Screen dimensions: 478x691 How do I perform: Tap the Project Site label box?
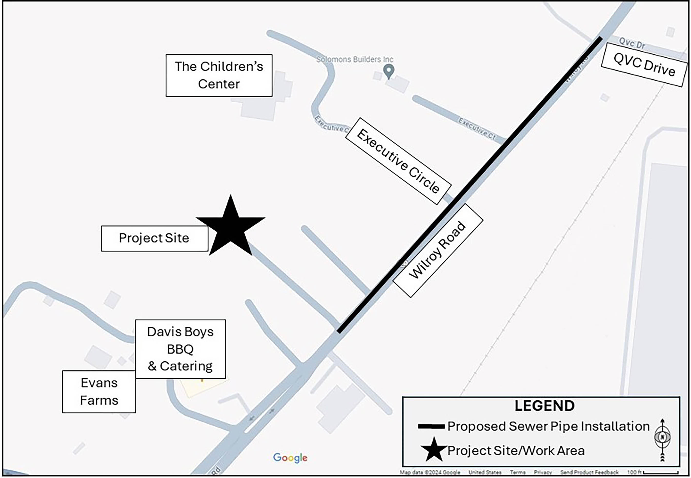pyautogui.click(x=154, y=238)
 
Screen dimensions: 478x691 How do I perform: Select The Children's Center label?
pyautogui.click(x=219, y=75)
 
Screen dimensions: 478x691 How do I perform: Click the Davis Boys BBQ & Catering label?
pyautogui.click(x=180, y=349)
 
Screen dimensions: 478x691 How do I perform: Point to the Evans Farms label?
pyautogui.click(x=99, y=392)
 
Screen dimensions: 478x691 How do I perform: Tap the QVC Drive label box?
pyautogui.click(x=644, y=65)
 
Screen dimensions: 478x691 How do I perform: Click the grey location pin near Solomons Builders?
pyautogui.click(x=389, y=71)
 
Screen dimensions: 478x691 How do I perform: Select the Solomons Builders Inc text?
pyautogui.click(x=355, y=60)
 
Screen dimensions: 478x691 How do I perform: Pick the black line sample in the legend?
pyautogui.click(x=431, y=427)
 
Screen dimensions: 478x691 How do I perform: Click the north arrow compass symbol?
pyautogui.click(x=662, y=440)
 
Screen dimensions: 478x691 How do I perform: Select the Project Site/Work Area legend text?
pyautogui.click(x=516, y=451)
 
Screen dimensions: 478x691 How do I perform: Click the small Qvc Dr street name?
pyautogui.click(x=632, y=44)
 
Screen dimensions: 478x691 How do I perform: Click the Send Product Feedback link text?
pyautogui.click(x=589, y=473)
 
